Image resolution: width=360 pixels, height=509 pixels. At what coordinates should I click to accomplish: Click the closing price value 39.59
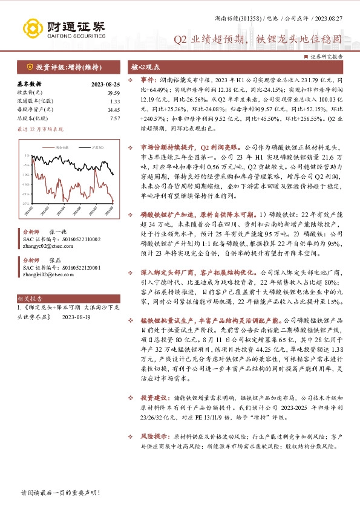point(113,92)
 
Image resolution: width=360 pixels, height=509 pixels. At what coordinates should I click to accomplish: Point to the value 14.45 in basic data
point(113,110)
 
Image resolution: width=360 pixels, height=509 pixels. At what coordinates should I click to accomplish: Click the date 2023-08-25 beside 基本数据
point(105,84)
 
